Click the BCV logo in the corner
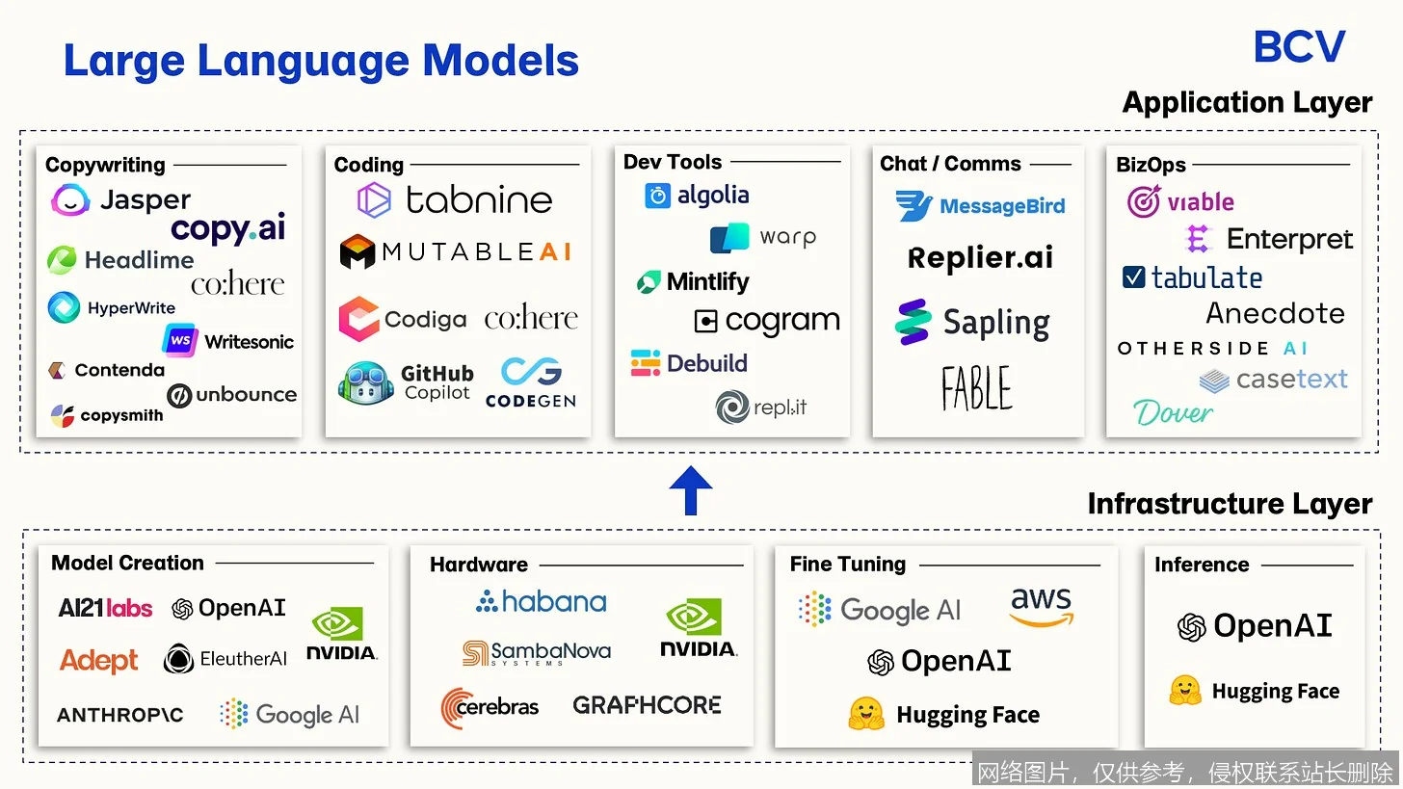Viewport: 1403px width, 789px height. tap(1299, 46)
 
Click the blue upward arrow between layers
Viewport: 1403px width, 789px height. tap(691, 490)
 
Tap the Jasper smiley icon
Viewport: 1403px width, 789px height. tap(69, 200)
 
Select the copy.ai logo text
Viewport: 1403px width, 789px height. tap(228, 228)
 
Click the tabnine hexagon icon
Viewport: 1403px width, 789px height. tap(374, 200)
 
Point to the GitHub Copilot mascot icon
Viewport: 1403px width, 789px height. tap(366, 382)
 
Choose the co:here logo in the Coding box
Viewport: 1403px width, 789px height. tap(531, 318)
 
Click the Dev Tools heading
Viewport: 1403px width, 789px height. tap(672, 162)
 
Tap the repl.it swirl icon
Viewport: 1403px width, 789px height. tap(732, 407)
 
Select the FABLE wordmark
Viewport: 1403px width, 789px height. tap(976, 388)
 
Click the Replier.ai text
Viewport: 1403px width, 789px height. tap(980, 257)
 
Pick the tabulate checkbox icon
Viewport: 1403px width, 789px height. tap(1133, 276)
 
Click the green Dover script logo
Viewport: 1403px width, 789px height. tap(1173, 412)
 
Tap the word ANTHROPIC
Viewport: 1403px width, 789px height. tap(120, 715)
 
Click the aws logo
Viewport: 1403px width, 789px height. tap(1042, 606)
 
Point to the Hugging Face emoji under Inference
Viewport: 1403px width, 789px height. tap(1185, 690)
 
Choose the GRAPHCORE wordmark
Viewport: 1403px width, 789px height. tap(647, 705)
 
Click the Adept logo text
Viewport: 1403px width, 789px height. tap(99, 660)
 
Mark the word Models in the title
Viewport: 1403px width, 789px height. tap(500, 61)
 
